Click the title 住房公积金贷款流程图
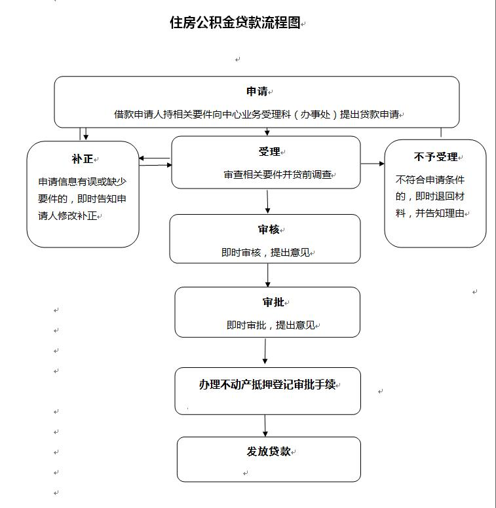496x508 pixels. [x=235, y=23]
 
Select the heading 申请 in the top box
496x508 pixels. [x=257, y=92]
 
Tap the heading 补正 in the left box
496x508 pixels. [x=83, y=159]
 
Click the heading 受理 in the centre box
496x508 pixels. [x=269, y=151]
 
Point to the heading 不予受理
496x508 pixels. [x=436, y=157]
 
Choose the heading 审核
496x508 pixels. [x=269, y=229]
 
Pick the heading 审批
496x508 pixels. [x=273, y=302]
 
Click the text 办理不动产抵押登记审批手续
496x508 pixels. [x=267, y=384]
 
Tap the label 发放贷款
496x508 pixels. [x=269, y=451]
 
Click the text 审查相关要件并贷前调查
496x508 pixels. [x=278, y=175]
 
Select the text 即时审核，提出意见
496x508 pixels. [x=266, y=253]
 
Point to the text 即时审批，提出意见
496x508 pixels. [x=271, y=325]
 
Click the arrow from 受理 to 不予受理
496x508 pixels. [x=372, y=164]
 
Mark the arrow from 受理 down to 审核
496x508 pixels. [x=267, y=202]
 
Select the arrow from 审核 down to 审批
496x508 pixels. [x=268, y=275]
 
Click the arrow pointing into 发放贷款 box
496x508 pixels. [x=265, y=426]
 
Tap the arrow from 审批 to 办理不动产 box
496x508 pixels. [x=265, y=352]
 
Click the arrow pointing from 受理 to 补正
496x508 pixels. [x=155, y=158]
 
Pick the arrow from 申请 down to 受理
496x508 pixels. [x=267, y=132]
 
